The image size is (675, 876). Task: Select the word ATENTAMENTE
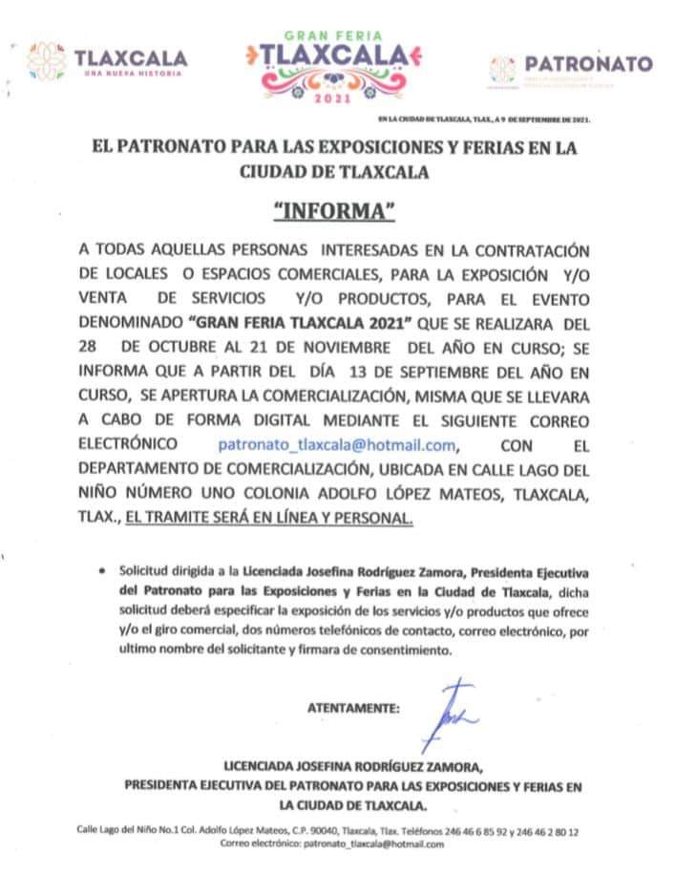click(x=353, y=709)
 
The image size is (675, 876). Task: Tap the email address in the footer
click(x=373, y=845)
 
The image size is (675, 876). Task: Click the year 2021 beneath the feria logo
click(x=339, y=97)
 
